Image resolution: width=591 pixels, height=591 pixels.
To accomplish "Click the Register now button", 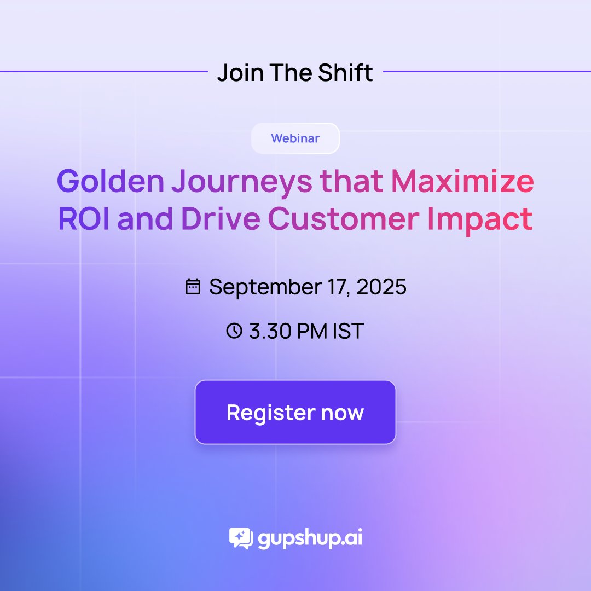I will click(295, 412).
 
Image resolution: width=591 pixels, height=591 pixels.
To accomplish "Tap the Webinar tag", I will click(295, 138).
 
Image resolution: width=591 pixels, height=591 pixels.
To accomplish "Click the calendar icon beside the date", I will click(193, 287).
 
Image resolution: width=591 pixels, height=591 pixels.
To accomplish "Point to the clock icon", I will click(234, 331).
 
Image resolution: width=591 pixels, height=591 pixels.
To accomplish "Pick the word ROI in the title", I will click(83, 219).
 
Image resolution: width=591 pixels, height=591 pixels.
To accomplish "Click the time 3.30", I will click(269, 331).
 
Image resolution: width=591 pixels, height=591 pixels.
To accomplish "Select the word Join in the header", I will click(236, 72).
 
